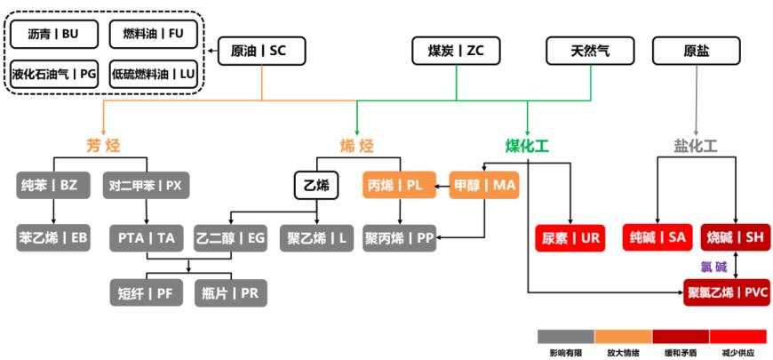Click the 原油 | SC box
(261, 52)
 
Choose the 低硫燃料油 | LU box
(153, 74)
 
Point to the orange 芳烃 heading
(103, 145)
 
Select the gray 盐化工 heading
(696, 145)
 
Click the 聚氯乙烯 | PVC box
(726, 292)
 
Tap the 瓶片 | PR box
(231, 292)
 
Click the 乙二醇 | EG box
(231, 237)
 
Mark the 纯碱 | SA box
(657, 237)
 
